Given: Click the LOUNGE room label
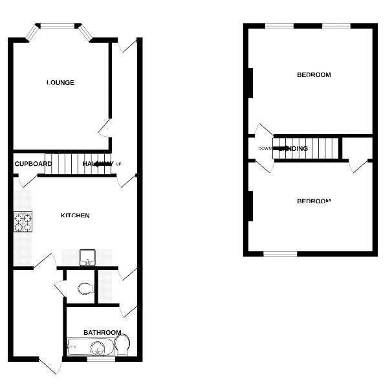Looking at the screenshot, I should [x=60, y=83].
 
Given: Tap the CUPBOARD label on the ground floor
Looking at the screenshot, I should [x=33, y=164].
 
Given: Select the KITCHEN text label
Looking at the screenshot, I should [x=75, y=216].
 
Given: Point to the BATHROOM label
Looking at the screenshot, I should [x=102, y=333].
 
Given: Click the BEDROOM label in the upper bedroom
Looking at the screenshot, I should [x=314, y=75].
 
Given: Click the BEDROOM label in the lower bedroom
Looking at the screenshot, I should [x=314, y=201].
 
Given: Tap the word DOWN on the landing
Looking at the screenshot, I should [x=265, y=148].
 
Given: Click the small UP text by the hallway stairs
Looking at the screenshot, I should [x=118, y=164].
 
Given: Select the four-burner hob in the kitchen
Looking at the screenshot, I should [x=23, y=222].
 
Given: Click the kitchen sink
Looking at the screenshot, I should [x=86, y=258].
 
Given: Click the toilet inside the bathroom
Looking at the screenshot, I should [x=124, y=346].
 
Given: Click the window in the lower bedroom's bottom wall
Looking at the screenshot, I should [x=279, y=253].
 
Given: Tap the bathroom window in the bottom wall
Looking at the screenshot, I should [x=97, y=359].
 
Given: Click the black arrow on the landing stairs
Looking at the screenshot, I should [x=281, y=148].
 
